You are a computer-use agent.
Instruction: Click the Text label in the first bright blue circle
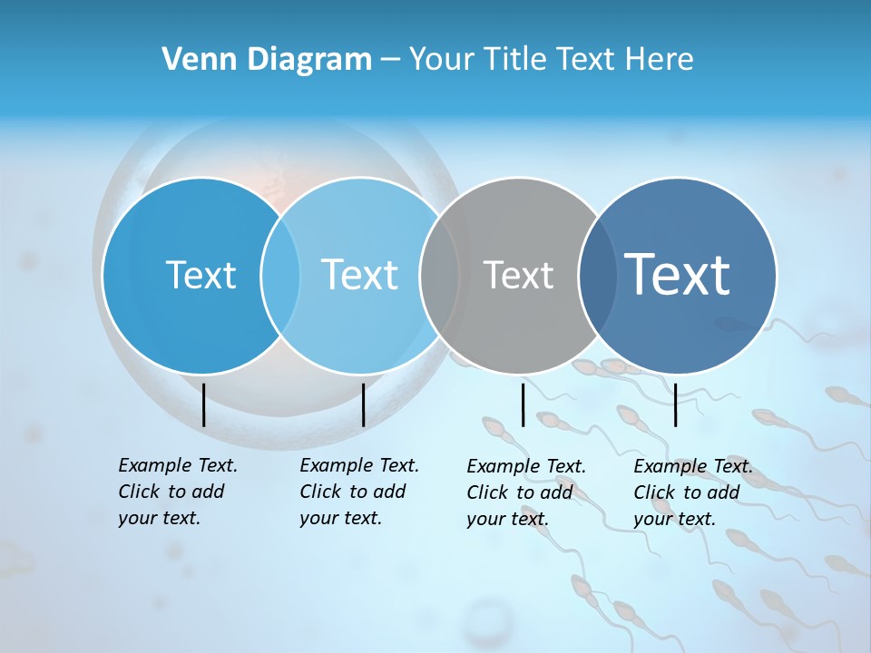(x=201, y=275)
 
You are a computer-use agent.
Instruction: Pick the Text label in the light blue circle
(x=360, y=275)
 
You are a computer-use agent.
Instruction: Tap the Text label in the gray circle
(x=518, y=275)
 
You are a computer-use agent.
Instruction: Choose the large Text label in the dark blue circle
(x=678, y=275)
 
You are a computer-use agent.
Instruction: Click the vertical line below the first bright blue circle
(x=203, y=404)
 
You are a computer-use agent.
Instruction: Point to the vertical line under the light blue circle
(x=363, y=404)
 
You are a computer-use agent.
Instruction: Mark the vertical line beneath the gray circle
(x=523, y=404)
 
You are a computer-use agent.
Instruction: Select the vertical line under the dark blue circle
(x=675, y=404)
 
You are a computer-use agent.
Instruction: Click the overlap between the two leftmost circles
(x=280, y=275)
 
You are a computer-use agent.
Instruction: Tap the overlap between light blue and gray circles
(x=440, y=275)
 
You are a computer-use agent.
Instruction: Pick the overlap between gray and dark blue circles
(x=594, y=275)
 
